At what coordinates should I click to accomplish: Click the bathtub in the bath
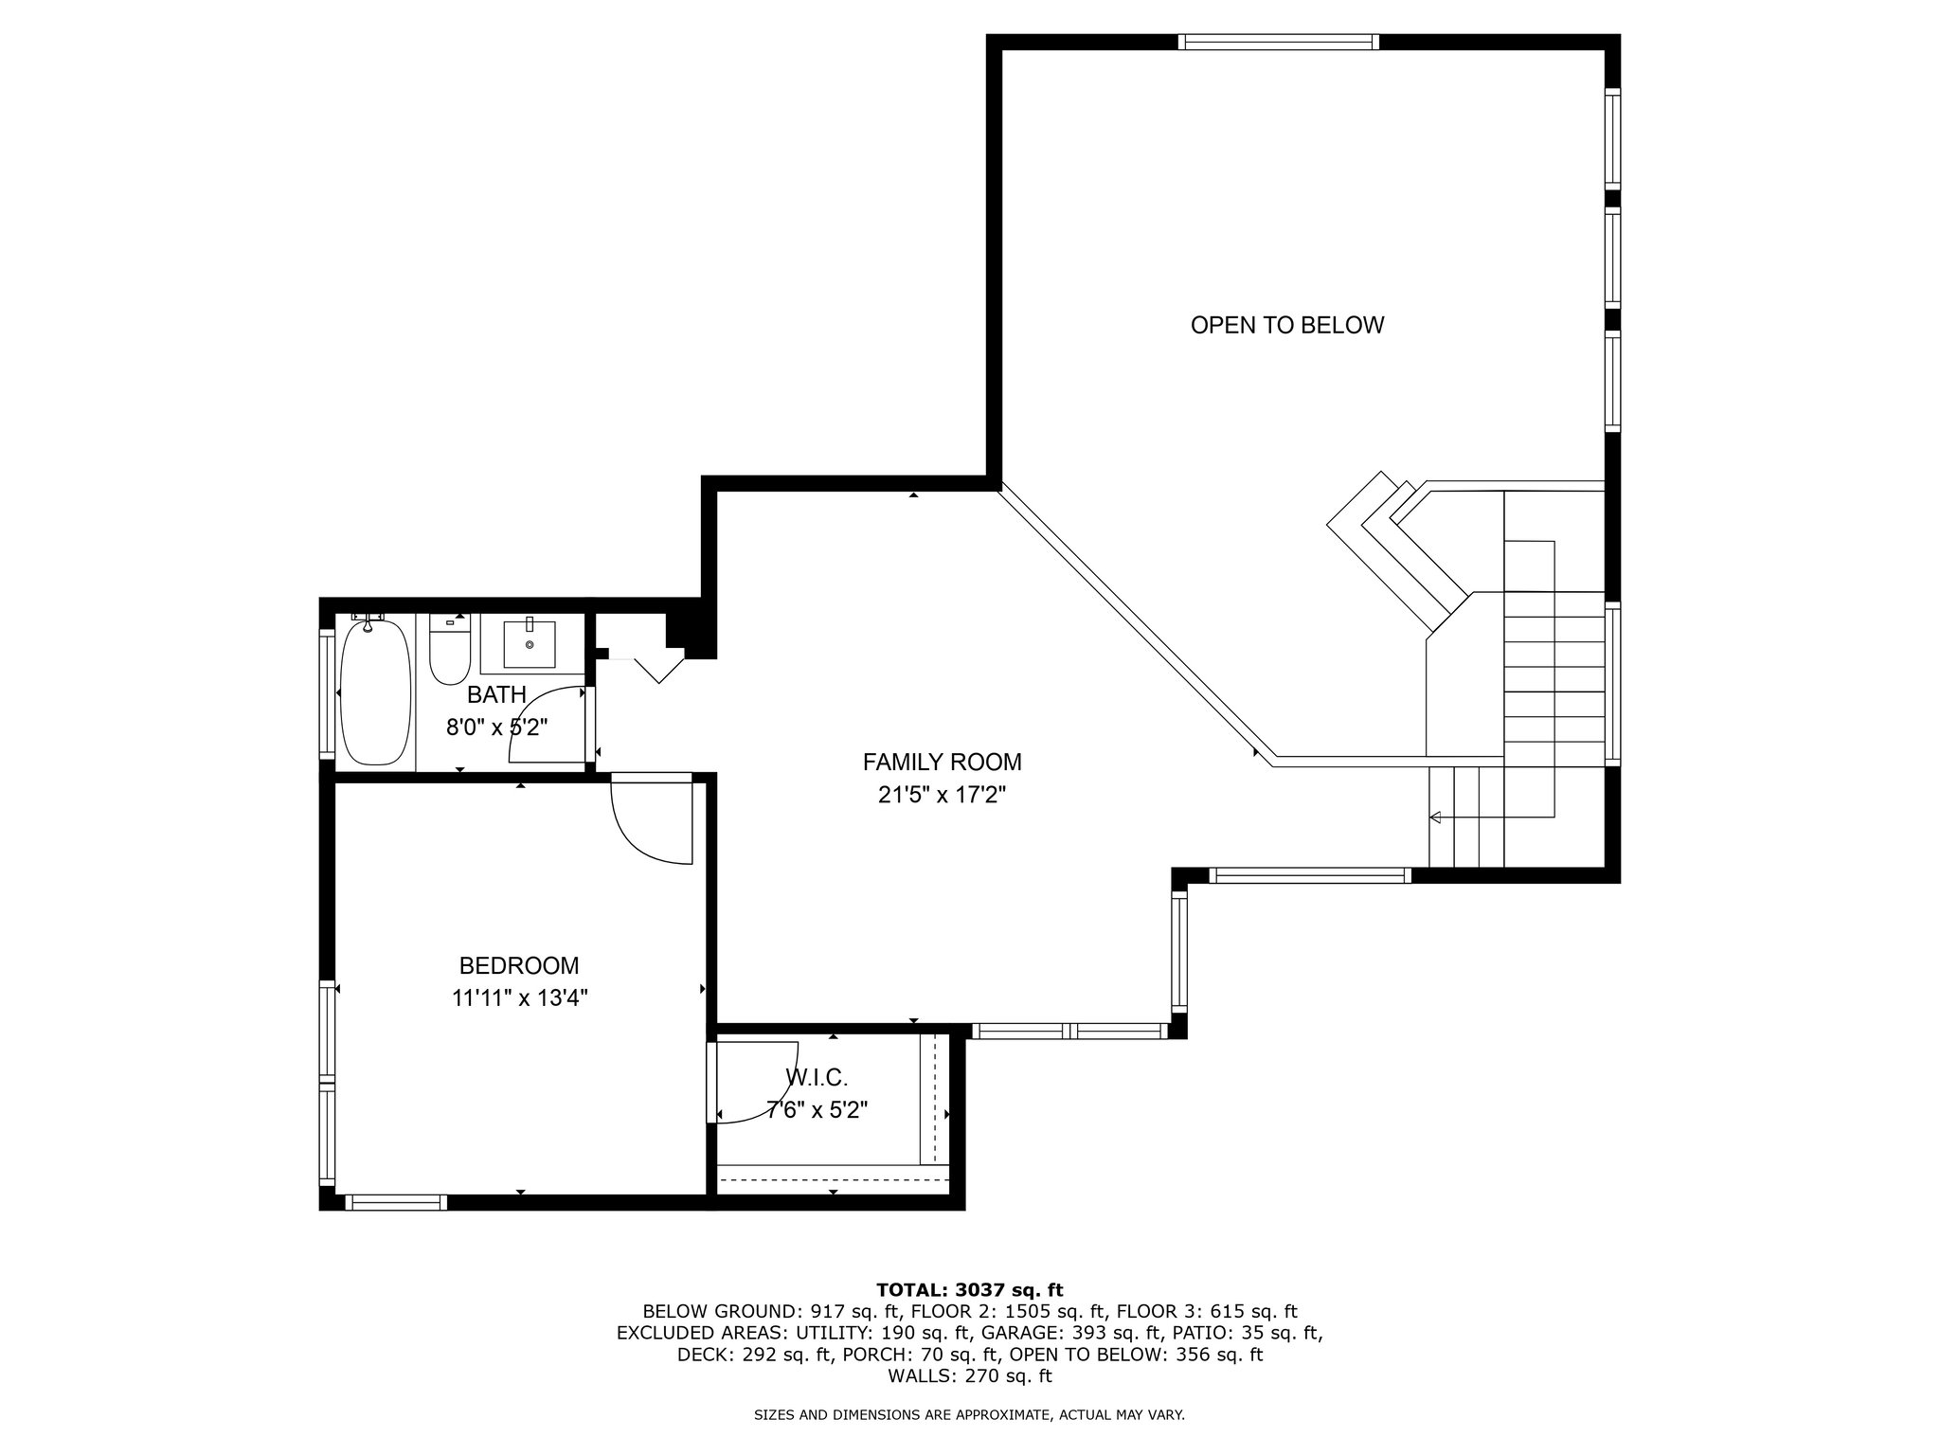pyautogui.click(x=375, y=692)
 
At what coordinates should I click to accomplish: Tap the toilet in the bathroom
pyautogui.click(x=450, y=651)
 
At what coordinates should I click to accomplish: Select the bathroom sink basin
pyautogui.click(x=529, y=643)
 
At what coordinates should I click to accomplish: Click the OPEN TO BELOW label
pyautogui.click(x=1286, y=326)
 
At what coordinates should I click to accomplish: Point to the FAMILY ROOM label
pyautogui.click(x=942, y=762)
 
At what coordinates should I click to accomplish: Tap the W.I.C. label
pyautogui.click(x=817, y=1077)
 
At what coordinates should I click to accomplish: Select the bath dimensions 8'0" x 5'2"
pyautogui.click(x=497, y=727)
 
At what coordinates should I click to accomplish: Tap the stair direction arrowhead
pyautogui.click(x=1435, y=817)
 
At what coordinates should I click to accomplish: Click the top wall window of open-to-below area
pyautogui.click(x=1278, y=42)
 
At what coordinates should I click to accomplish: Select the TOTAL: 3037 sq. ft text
pyautogui.click(x=970, y=1289)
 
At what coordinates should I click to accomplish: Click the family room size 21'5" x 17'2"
pyautogui.click(x=942, y=796)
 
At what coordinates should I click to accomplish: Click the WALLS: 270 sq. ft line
pyautogui.click(x=970, y=1376)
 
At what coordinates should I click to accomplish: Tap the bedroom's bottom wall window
pyautogui.click(x=396, y=1202)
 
